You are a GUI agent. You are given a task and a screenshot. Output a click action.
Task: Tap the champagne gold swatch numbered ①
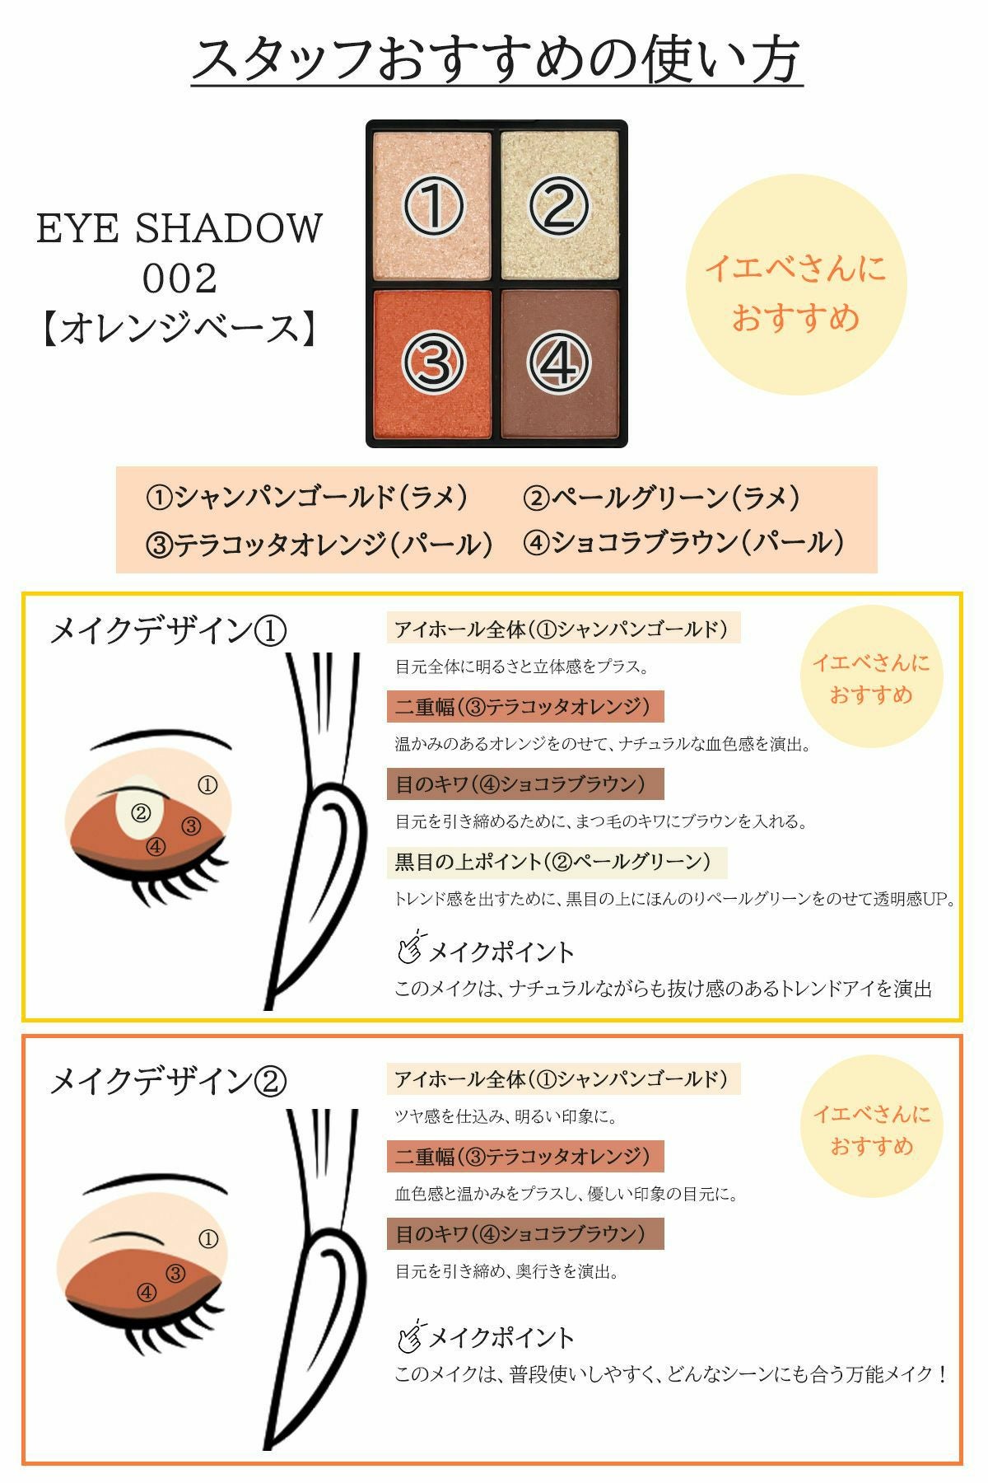point(433,205)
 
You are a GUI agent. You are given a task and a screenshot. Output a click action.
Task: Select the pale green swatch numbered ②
point(560,205)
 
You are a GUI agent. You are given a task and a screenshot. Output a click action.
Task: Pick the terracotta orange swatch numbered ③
point(433,363)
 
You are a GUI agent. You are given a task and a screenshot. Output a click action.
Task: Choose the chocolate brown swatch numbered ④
point(560,363)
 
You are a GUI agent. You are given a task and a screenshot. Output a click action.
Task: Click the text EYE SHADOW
point(179,229)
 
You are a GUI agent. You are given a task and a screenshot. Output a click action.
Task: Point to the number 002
point(179,278)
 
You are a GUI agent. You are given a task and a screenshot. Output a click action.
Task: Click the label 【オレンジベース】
point(179,328)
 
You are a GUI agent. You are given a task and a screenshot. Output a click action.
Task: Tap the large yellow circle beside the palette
point(796,284)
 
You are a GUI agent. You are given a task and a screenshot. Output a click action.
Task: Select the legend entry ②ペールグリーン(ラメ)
point(661,497)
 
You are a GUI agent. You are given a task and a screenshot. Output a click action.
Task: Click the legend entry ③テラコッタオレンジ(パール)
point(319,544)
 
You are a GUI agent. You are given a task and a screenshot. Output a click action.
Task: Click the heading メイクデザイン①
point(168,632)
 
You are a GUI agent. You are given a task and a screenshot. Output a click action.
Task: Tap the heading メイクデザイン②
point(168,1082)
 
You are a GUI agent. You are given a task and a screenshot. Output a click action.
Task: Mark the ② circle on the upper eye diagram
point(141,813)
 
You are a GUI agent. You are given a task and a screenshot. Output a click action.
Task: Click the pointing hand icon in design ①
point(411,947)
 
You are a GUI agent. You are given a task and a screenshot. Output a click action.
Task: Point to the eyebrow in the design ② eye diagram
point(156,1187)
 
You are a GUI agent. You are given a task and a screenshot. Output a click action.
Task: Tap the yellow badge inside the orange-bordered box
point(871,1130)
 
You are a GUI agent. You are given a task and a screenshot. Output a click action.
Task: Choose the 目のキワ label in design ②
point(525,1233)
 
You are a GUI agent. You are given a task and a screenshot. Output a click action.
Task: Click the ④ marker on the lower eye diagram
point(147,1293)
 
